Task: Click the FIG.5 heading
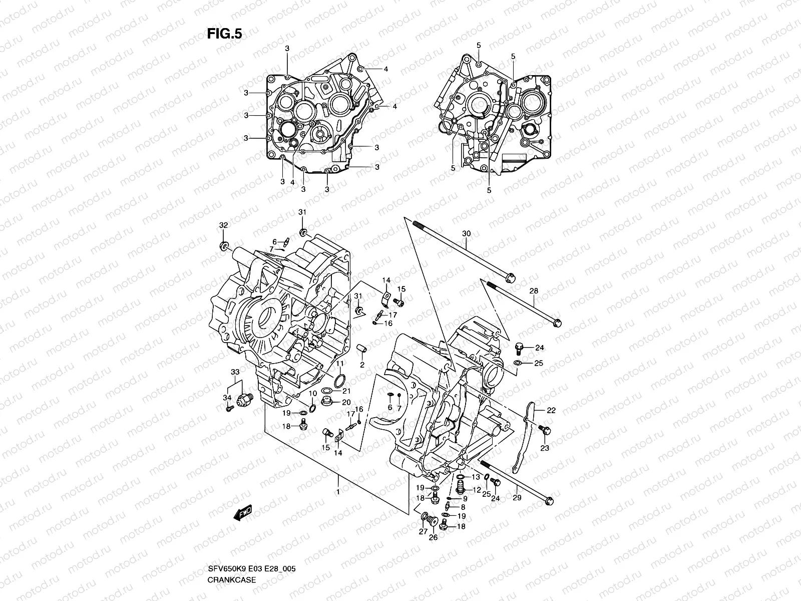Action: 224,34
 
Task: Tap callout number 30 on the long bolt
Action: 466,233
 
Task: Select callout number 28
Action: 534,291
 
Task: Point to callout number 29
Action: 517,497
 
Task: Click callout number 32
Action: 223,225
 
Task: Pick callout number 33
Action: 235,372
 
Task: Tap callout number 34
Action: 227,398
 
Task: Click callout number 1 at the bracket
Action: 338,492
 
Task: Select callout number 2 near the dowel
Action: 362,365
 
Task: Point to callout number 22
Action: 551,410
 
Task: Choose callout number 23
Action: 545,448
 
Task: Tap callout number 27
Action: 424,532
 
